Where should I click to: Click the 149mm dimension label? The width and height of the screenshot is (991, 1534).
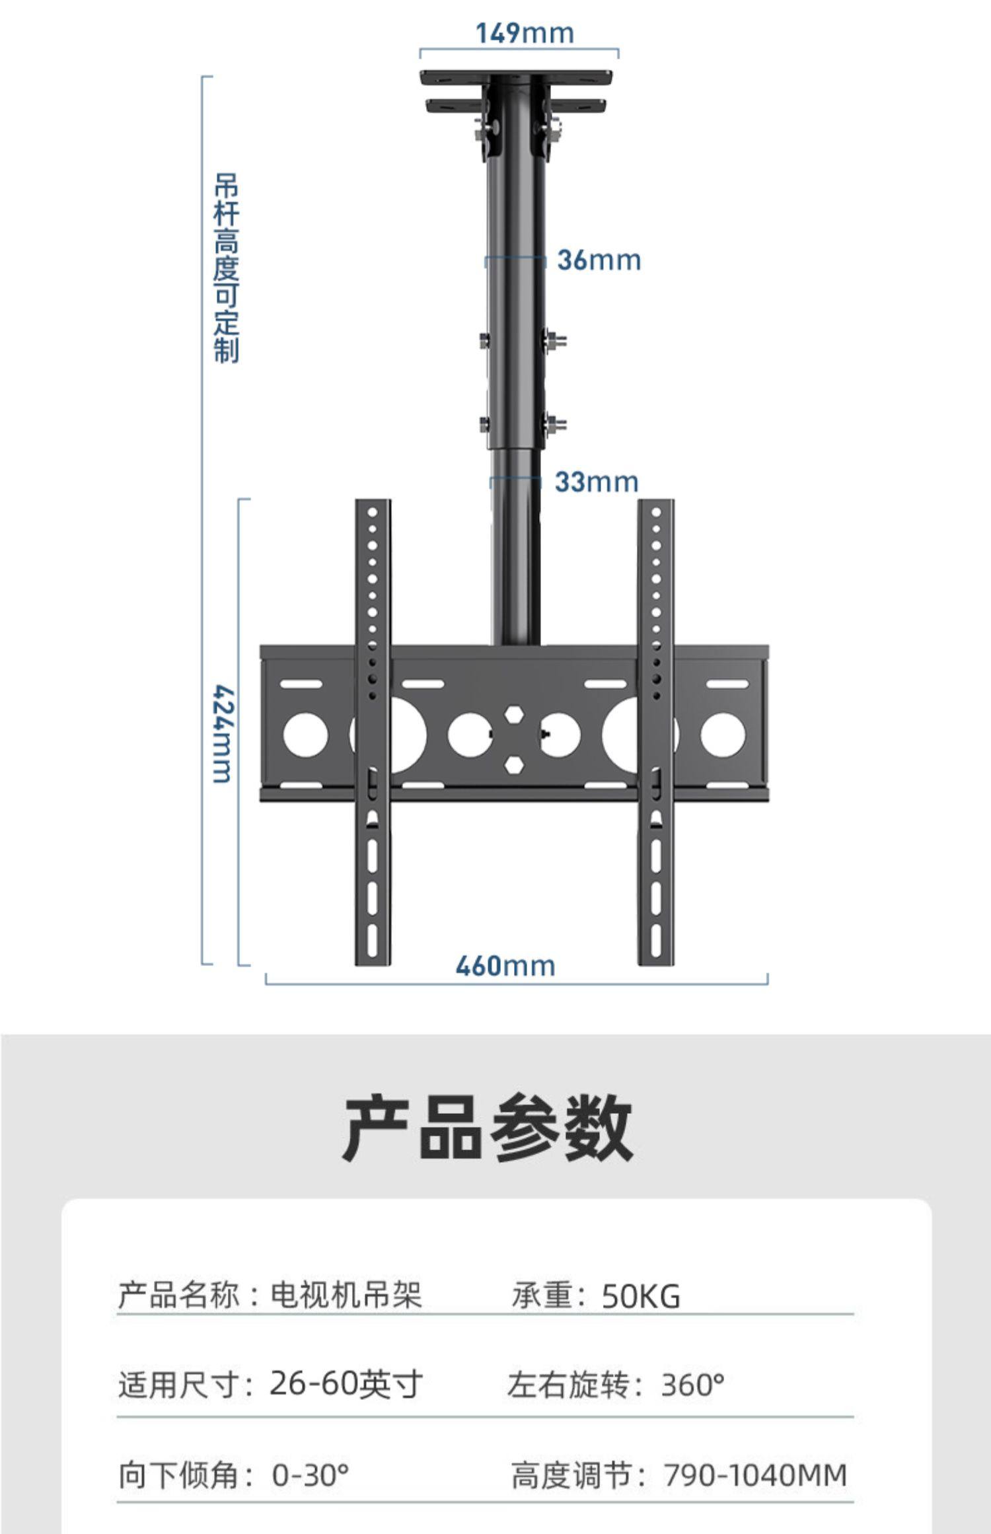[525, 33]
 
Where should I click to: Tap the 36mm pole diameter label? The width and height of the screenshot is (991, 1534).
[599, 260]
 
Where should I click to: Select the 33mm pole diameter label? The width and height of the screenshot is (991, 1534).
[596, 482]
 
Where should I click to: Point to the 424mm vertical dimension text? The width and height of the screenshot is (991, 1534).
[223, 734]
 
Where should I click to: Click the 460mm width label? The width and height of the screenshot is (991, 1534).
[505, 966]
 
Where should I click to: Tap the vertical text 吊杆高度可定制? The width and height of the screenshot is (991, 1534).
[226, 268]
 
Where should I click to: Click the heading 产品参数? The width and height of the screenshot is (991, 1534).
[488, 1128]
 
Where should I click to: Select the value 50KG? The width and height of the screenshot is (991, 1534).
[640, 1296]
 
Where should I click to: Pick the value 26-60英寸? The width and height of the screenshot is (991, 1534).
[346, 1384]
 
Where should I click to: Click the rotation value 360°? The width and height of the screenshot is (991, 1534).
[692, 1385]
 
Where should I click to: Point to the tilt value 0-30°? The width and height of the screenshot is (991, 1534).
[310, 1475]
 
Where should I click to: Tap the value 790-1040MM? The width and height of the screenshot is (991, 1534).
[754, 1475]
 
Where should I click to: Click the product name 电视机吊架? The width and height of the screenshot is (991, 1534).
[346, 1295]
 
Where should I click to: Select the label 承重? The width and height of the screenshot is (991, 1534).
[542, 1295]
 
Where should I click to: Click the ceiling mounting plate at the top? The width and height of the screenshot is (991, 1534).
[519, 76]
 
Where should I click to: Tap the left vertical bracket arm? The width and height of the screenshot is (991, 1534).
[373, 733]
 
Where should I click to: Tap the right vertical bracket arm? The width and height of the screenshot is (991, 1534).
[655, 733]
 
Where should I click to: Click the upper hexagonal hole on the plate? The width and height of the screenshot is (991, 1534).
[514, 715]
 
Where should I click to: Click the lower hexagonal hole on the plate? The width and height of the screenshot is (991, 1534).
[514, 764]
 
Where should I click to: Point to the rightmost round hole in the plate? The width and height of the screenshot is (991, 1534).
[722, 735]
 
